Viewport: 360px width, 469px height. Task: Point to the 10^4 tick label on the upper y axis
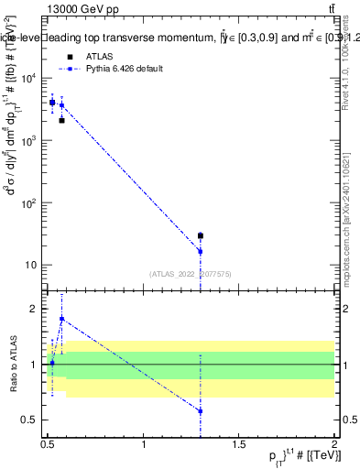[x=30, y=79]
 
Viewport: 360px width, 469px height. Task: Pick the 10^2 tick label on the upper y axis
[x=30, y=203]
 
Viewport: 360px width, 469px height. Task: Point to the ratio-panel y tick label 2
[x=34, y=309]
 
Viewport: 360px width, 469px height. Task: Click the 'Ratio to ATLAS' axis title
[x=13, y=365]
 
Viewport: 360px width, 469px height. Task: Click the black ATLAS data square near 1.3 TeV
[x=201, y=235]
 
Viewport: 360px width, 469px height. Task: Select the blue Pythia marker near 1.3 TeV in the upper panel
[x=201, y=251]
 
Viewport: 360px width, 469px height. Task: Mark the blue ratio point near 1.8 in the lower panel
[x=61, y=319]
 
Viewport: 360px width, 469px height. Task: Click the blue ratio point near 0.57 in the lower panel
[x=201, y=411]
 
